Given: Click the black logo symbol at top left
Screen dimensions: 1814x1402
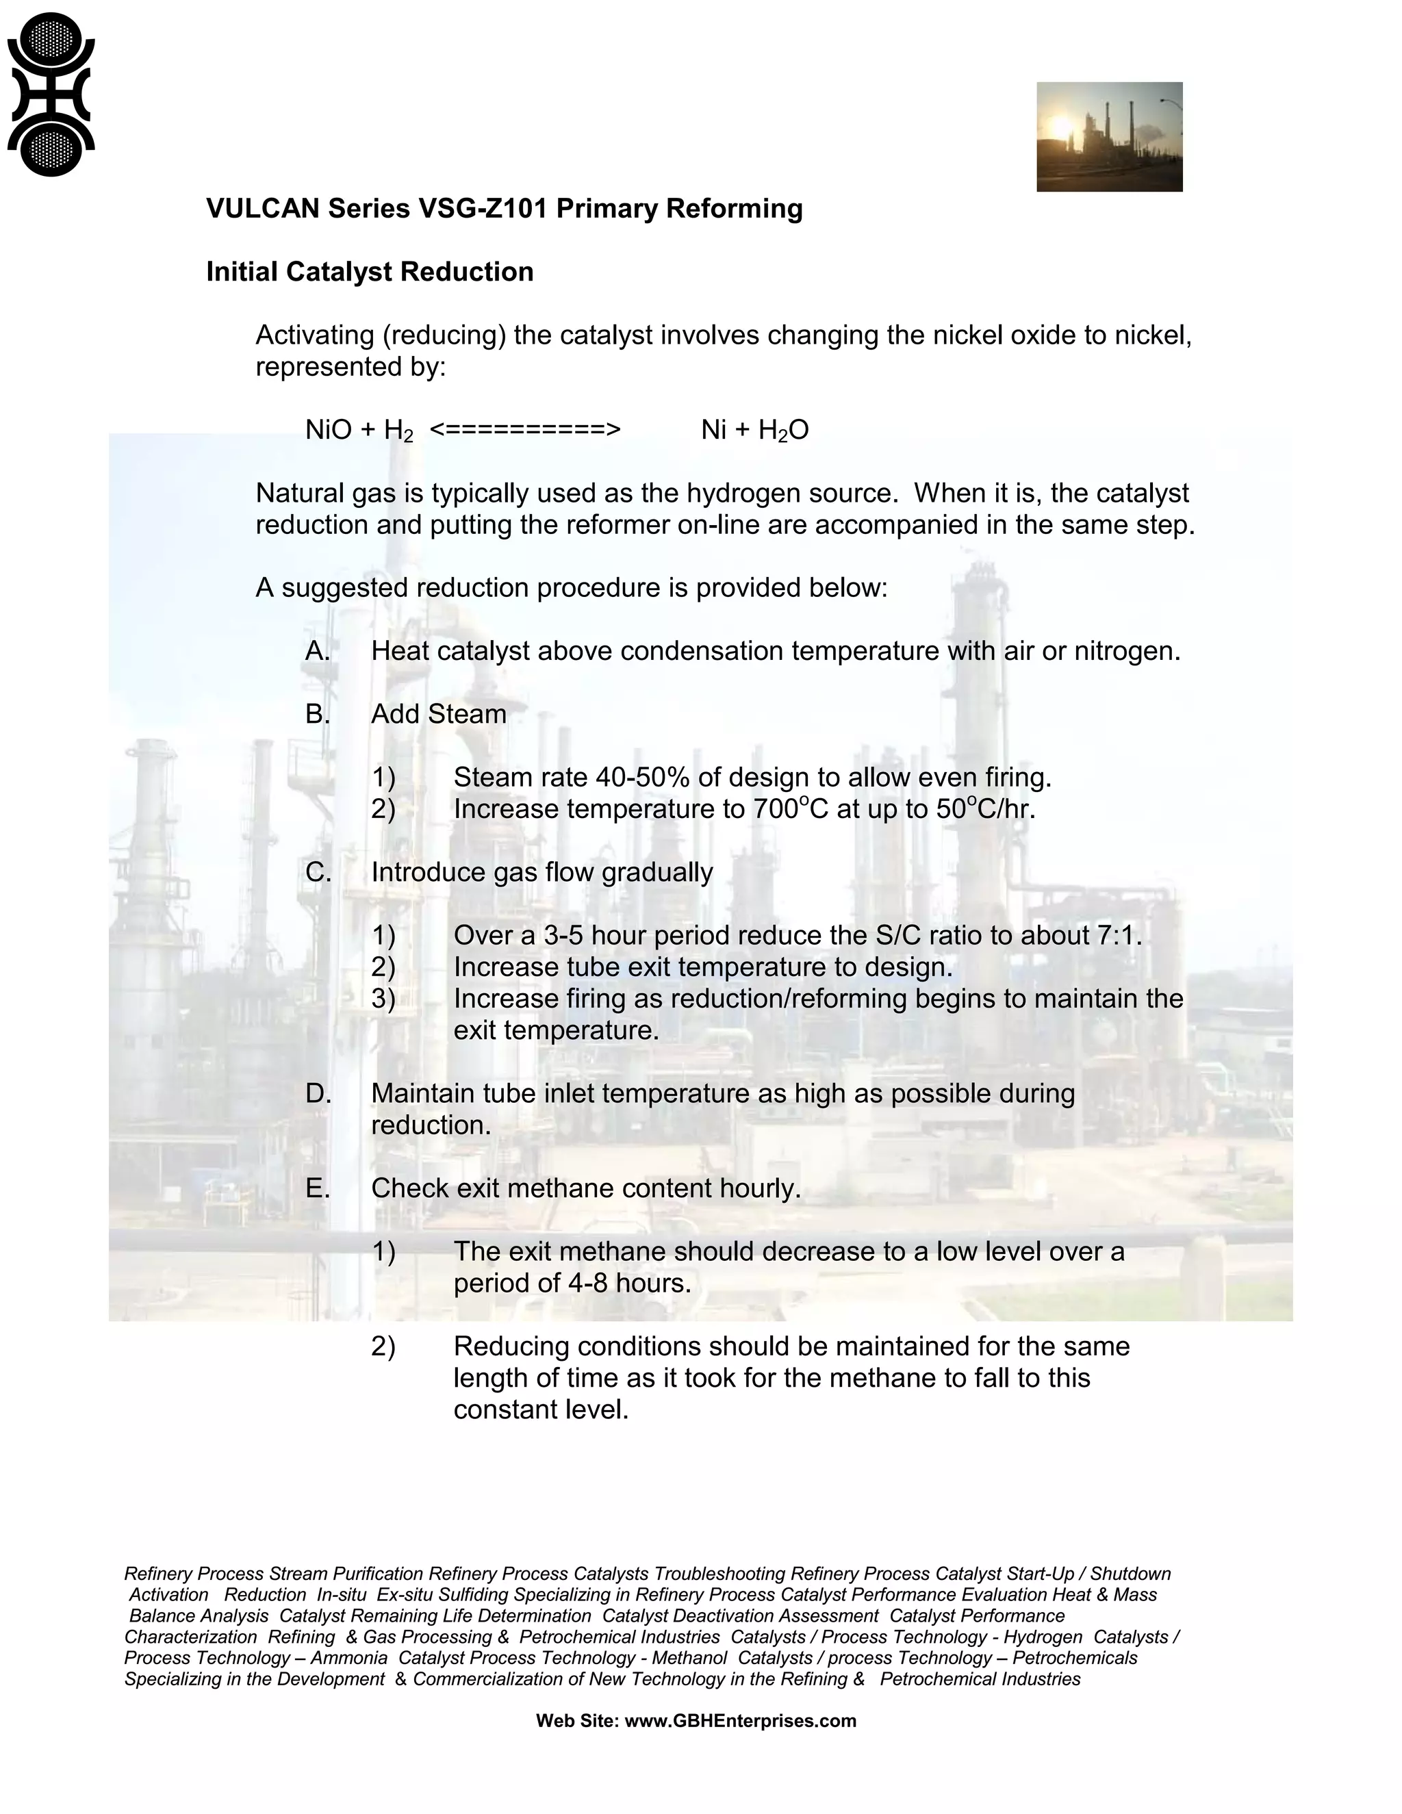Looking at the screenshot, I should click(50, 94).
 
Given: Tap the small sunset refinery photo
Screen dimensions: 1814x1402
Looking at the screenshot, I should click(1109, 136).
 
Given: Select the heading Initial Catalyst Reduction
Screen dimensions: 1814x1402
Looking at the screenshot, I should click(370, 272).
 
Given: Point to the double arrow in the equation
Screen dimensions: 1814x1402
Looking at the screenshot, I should click(525, 429).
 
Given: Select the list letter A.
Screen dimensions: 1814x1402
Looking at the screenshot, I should click(317, 650).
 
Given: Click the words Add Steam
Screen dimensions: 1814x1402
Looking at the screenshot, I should click(439, 713).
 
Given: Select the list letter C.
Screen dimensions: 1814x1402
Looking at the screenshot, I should click(317, 872).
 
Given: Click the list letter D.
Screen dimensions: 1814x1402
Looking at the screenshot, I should click(317, 1093).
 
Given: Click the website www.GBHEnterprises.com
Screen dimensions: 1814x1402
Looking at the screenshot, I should click(739, 1720).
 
